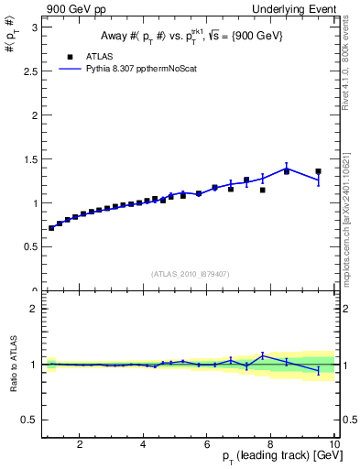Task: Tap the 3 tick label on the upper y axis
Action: pyautogui.click(x=35, y=27)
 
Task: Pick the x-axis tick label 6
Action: pyautogui.click(x=208, y=445)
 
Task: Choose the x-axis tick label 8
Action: pyautogui.click(x=271, y=445)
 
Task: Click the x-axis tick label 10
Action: pyautogui.click(x=334, y=445)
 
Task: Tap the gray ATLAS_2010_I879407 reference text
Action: pyautogui.click(x=190, y=273)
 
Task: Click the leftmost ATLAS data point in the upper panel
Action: pyautogui.click(x=51, y=228)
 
